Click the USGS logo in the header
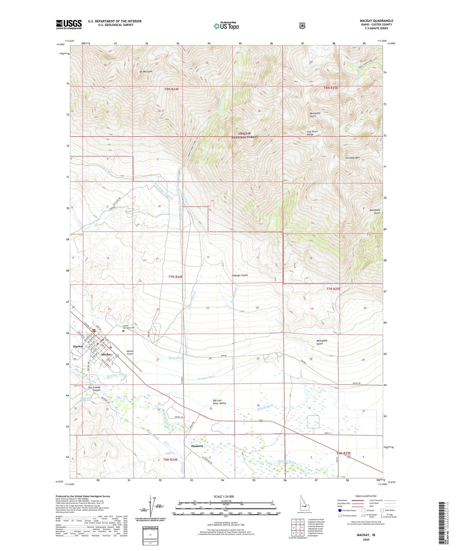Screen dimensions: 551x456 coord(69,24)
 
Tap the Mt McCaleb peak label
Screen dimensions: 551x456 coord(146,72)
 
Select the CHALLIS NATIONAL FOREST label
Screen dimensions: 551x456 coord(245,135)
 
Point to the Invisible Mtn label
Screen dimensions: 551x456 coord(352,157)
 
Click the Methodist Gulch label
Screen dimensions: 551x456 coord(315,115)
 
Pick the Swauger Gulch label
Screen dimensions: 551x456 coord(240,275)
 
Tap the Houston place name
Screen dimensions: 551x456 coord(197,446)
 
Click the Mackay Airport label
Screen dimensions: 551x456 coord(130,353)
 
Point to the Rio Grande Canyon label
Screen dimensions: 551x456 coord(94,388)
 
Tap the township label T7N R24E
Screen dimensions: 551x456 coord(175,277)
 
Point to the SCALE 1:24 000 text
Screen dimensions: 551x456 coord(224,496)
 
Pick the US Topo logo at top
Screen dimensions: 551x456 coord(226,26)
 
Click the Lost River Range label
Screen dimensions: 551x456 coord(312,133)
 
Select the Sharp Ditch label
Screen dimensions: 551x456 coord(175,358)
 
